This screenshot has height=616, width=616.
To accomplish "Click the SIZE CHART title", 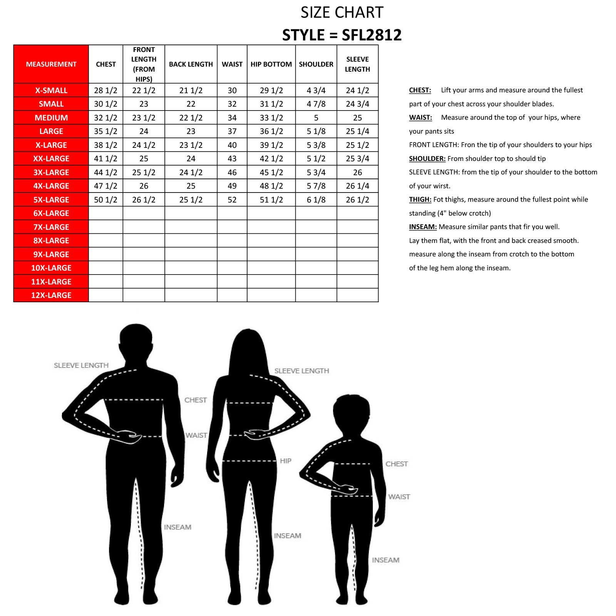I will click(x=342, y=13).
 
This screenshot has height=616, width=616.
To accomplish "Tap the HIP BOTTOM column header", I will click(x=271, y=64).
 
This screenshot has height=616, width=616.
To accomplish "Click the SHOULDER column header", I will click(x=316, y=64).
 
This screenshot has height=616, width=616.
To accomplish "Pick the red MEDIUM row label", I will click(x=51, y=118).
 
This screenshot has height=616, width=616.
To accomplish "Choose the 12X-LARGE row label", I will click(x=51, y=295).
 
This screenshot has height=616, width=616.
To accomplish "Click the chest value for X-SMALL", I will click(x=105, y=90).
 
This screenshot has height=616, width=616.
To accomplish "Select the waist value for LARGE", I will click(x=232, y=131).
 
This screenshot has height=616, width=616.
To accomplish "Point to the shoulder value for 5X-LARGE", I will click(x=316, y=200).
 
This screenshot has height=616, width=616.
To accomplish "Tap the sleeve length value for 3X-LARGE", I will click(x=357, y=172).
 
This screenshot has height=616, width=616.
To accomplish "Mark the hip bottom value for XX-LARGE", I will click(x=271, y=159).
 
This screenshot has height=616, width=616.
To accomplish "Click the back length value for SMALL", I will click(x=191, y=104).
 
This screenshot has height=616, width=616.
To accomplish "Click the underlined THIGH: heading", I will click(x=420, y=199).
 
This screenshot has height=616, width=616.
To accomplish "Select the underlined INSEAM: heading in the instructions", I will click(x=423, y=227).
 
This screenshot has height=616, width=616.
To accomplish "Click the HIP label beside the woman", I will click(x=286, y=461).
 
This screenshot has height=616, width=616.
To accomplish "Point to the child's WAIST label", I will click(x=399, y=497).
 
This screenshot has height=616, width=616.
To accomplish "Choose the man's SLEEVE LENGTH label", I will click(x=81, y=365).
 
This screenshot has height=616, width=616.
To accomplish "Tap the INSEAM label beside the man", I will click(x=177, y=527).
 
